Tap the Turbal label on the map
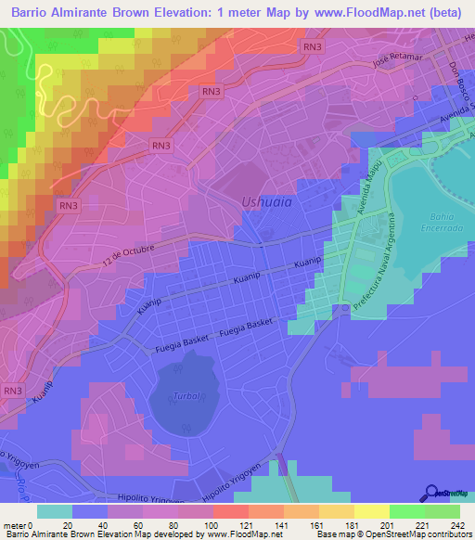tap(186, 395)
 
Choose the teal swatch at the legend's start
tap(55, 511)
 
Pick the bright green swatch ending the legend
tap(443, 511)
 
